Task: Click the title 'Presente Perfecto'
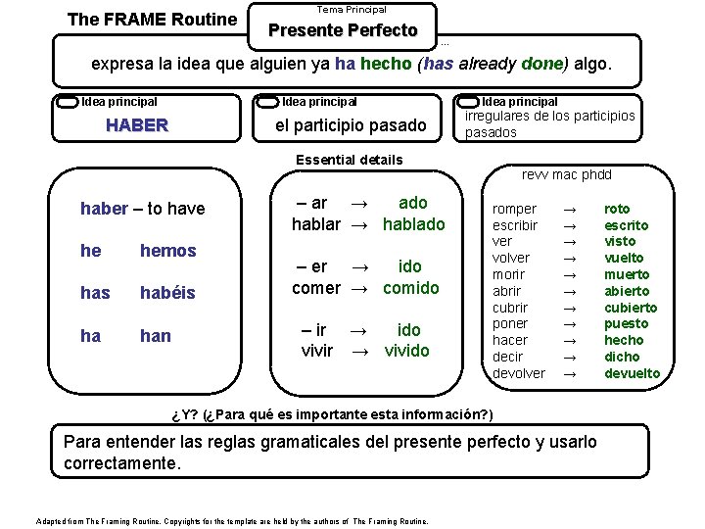tap(343, 30)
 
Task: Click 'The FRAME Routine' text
tap(152, 19)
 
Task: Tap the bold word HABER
tap(136, 125)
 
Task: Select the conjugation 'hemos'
tap(167, 251)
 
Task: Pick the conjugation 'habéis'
tap(167, 293)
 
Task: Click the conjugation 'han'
tap(155, 336)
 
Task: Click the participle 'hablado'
tap(413, 224)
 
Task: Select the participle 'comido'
tap(411, 288)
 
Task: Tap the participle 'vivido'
tap(406, 351)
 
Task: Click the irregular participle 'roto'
tap(617, 209)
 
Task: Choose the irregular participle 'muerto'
tap(626, 274)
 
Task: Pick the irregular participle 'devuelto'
tap(632, 373)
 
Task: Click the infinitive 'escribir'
tap(515, 225)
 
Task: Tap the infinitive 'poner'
tap(510, 323)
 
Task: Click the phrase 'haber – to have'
tap(142, 209)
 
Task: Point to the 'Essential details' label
tap(349, 160)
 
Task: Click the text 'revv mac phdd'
tap(566, 175)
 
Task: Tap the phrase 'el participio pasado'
tap(351, 125)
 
